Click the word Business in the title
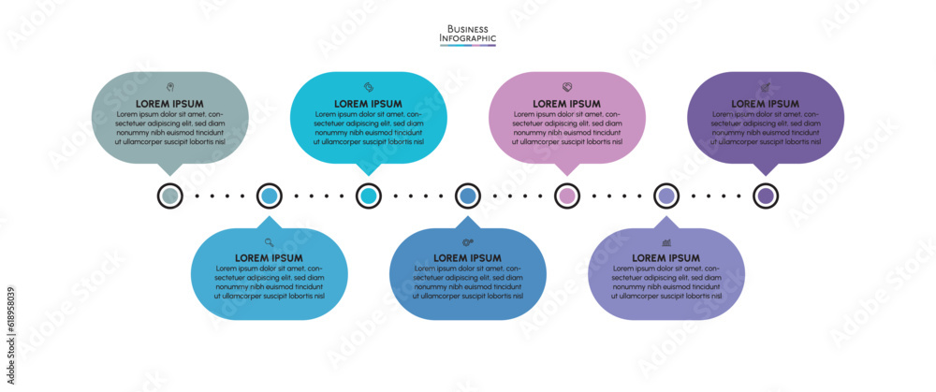click(468, 29)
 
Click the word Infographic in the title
click(468, 38)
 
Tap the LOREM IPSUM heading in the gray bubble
click(169, 104)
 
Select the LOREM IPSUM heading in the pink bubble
click(566, 104)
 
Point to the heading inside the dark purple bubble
click(765, 104)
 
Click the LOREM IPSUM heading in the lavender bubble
click(665, 258)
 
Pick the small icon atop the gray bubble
click(169, 87)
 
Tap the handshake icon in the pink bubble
click(566, 87)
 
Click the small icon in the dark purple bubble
click(765, 87)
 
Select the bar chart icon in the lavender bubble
click(665, 242)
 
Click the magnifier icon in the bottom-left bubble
click(269, 242)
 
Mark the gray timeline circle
click(169, 196)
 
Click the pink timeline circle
click(566, 196)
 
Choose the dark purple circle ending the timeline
click(765, 196)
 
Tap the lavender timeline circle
click(665, 196)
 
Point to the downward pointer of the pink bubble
click(566, 169)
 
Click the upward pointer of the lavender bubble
click(665, 223)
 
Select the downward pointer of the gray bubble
click(169, 169)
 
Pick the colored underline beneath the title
click(468, 46)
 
